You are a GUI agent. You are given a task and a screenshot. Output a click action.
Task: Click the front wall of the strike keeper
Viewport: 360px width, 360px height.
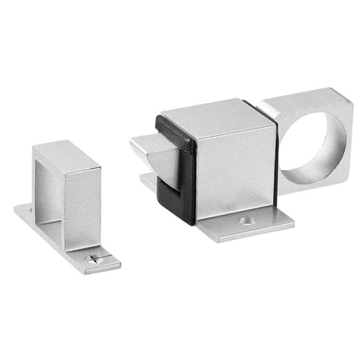tap(81, 206)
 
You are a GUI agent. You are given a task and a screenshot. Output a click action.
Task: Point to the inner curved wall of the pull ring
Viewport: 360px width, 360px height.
tap(334, 150)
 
